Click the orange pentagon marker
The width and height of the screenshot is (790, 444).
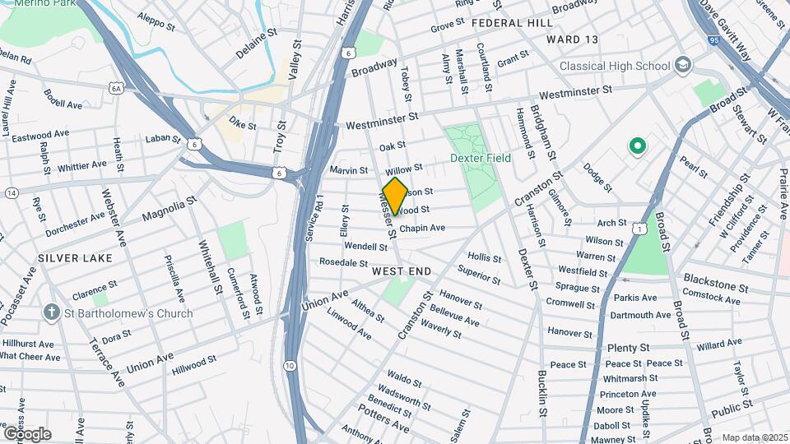pyautogui.click(x=395, y=196)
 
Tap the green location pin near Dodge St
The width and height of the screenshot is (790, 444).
pyautogui.click(x=635, y=147)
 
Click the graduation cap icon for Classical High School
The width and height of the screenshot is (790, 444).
pyautogui.click(x=682, y=64)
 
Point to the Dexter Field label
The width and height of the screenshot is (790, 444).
pyautogui.click(x=480, y=158)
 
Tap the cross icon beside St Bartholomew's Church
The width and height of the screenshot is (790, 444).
pyautogui.click(x=52, y=312)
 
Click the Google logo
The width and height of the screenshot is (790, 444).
pyautogui.click(x=27, y=432)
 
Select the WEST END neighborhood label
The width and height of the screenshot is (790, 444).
pyautogui.click(x=402, y=271)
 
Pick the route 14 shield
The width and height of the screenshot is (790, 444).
pyautogui.click(x=12, y=192)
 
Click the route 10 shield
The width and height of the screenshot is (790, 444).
pyautogui.click(x=289, y=365)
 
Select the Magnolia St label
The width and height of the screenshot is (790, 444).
pyautogui.click(x=170, y=208)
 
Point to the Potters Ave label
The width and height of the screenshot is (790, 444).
pyautogui.click(x=383, y=419)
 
